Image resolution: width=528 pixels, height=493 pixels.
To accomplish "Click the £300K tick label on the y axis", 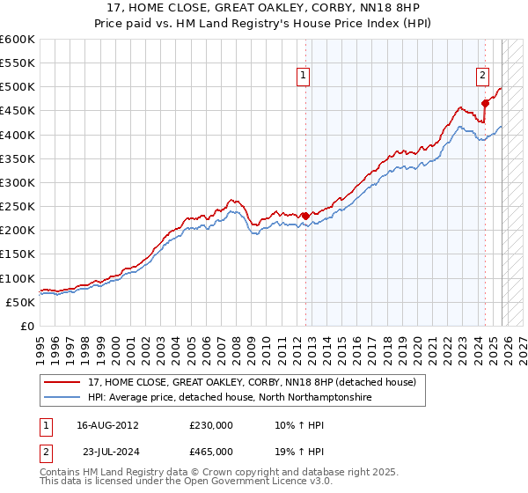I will click(x=18, y=182).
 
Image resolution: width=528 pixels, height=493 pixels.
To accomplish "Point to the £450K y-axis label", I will click(x=18, y=111).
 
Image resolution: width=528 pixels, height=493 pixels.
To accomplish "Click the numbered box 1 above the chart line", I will click(x=303, y=77).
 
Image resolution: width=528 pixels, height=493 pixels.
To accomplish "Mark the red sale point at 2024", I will click(x=485, y=104).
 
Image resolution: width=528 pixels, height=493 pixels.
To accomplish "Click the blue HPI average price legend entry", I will click(x=230, y=397).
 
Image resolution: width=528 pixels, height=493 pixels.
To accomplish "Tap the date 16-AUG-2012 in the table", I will click(x=107, y=424).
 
